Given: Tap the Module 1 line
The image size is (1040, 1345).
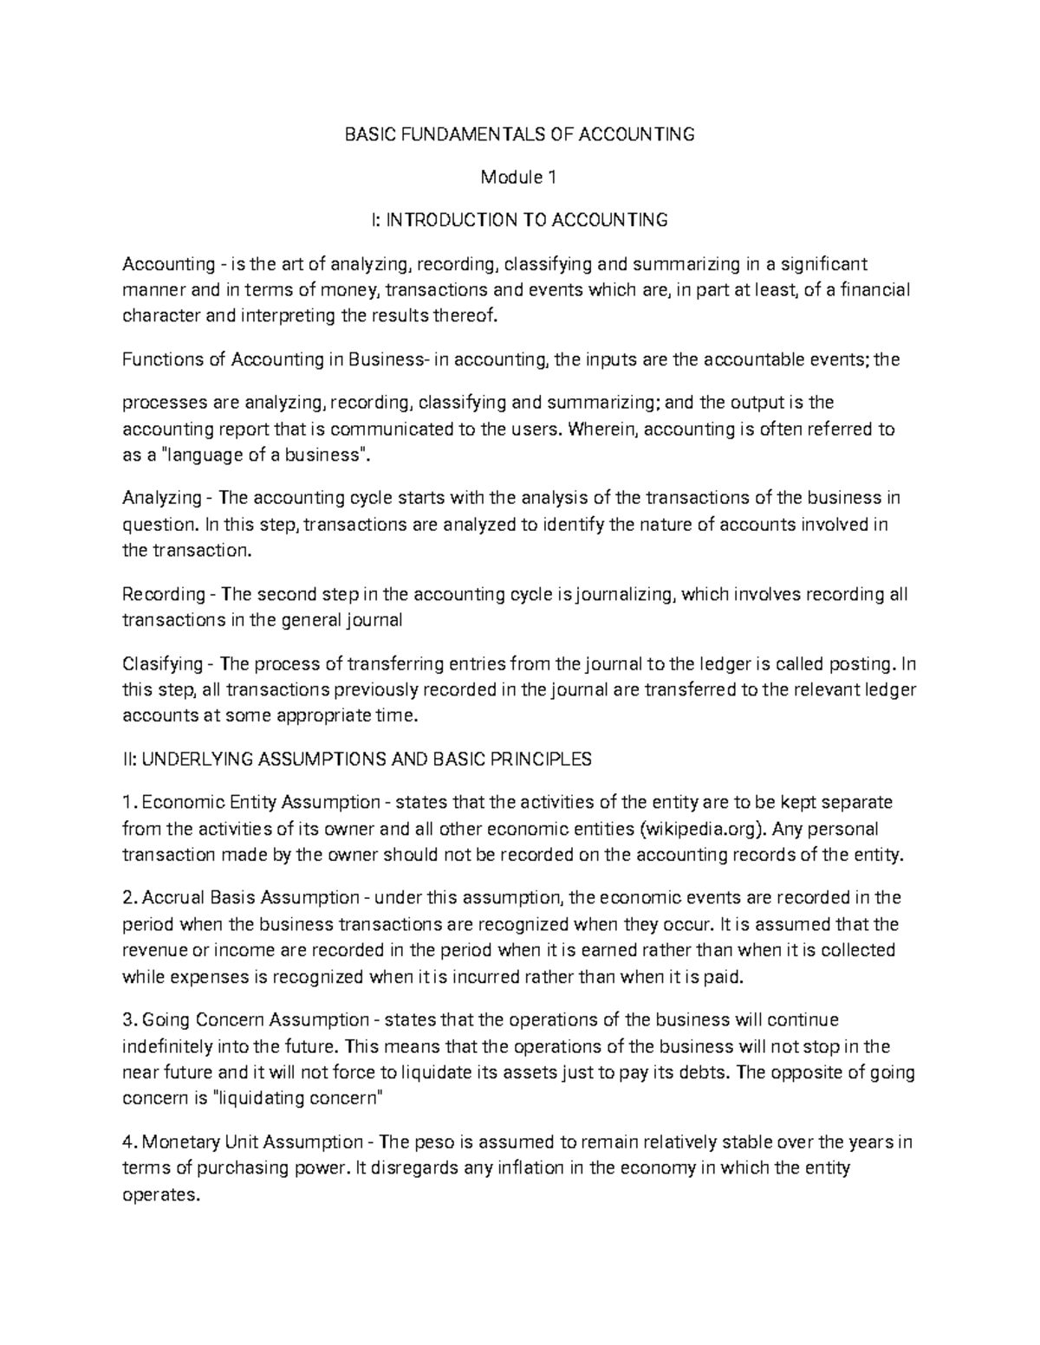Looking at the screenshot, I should (x=519, y=178).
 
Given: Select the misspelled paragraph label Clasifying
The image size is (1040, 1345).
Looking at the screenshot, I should (x=161, y=664).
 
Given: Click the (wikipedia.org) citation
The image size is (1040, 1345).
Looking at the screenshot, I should (x=703, y=829).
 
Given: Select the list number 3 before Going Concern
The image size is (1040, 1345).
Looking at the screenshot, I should (x=128, y=1019).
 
